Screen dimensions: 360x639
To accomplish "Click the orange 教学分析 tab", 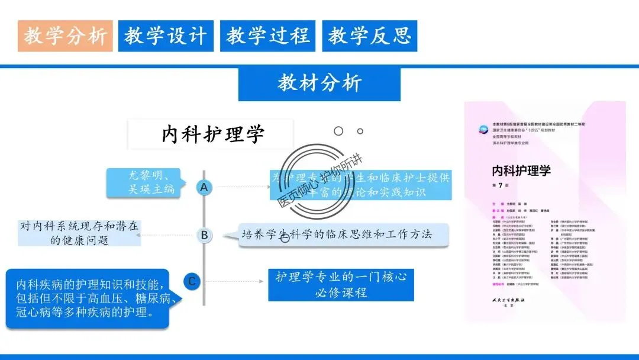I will (65, 36).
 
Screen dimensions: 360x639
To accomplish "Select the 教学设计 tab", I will (166, 36).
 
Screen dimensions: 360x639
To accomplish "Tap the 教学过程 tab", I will (268, 36).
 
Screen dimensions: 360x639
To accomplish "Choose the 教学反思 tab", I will (370, 36).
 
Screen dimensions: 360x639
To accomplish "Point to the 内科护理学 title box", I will (211, 134).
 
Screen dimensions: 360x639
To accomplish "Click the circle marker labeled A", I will (204, 188).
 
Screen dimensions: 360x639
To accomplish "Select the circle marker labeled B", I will (204, 235).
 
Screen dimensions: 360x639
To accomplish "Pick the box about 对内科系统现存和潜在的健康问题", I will (79, 233).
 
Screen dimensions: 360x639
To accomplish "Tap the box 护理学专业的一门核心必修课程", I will (341, 284).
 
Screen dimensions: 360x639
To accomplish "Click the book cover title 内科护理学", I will (521, 171).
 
